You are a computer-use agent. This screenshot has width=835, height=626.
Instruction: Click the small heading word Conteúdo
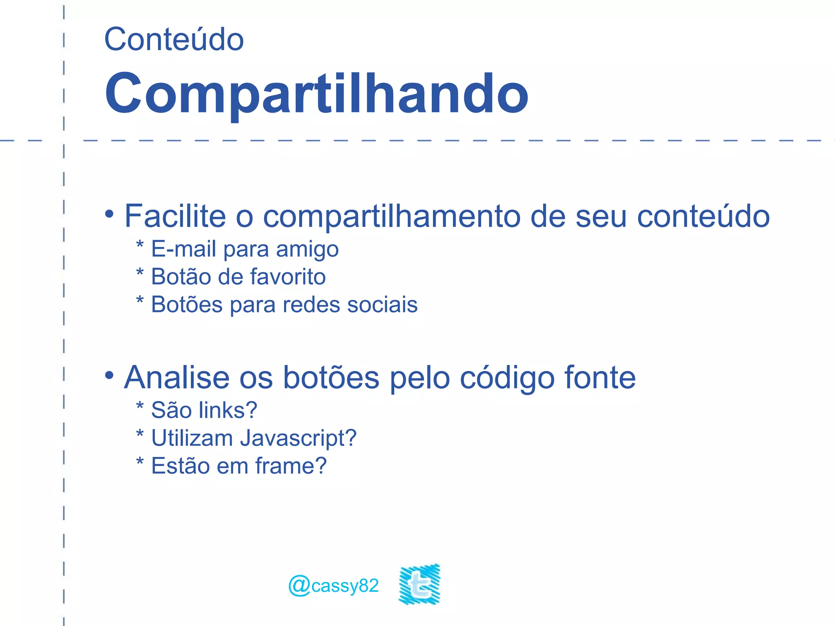pos(174,40)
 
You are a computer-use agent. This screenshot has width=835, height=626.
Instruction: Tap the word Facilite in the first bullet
pos(175,216)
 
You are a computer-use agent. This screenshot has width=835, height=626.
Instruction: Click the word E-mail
pos(183,249)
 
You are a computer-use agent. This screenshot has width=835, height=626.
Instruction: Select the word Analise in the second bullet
pos(177,377)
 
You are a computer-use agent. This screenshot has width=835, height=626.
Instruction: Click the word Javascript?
pos(298,438)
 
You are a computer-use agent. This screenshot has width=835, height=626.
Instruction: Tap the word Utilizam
pos(192,438)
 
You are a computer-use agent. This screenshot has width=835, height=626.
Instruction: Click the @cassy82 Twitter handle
pos(334,586)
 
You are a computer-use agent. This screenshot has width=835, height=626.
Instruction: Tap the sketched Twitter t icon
pos(420,584)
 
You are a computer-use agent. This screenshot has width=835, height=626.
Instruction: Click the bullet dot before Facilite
pos(109,214)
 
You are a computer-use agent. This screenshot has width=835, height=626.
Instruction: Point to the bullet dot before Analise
pos(109,375)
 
